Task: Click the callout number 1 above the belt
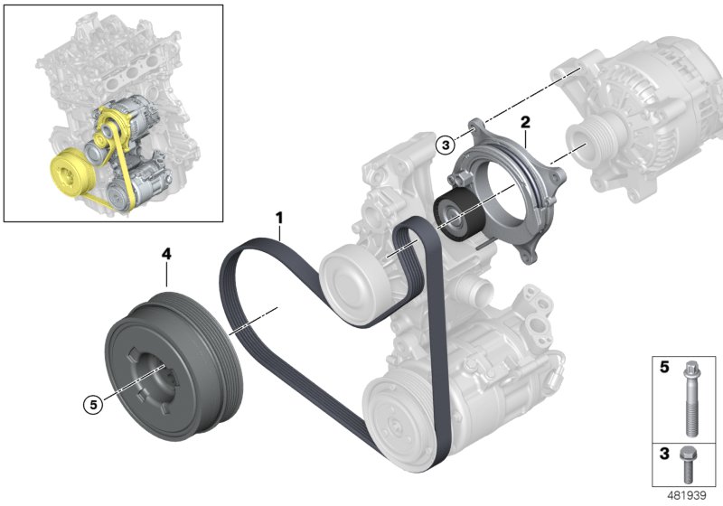point(280,218)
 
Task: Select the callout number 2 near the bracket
point(524,121)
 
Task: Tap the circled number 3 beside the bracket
point(444,144)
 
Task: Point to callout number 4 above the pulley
point(166,256)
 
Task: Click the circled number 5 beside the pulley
point(91,406)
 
